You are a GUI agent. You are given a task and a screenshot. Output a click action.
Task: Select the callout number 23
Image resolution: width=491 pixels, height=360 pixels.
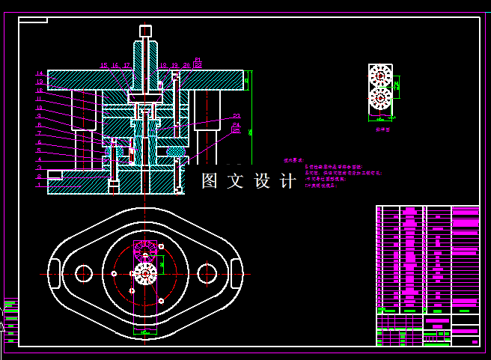click(237, 115)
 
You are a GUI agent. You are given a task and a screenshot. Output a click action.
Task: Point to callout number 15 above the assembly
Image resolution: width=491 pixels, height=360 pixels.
click(104, 66)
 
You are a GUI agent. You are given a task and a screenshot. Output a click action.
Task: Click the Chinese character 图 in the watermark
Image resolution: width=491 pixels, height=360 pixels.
click(210, 181)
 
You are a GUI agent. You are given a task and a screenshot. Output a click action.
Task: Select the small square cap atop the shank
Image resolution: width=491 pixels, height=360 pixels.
click(145, 31)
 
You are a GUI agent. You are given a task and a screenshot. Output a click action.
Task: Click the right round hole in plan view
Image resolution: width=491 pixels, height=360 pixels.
click(207, 274)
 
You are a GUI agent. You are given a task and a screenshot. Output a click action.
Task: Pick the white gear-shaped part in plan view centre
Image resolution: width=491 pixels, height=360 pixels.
click(145, 274)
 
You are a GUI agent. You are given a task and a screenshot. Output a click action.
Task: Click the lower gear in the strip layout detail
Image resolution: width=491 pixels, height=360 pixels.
click(381, 99)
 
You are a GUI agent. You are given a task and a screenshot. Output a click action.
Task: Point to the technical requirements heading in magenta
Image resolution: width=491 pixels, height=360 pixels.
click(293, 160)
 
